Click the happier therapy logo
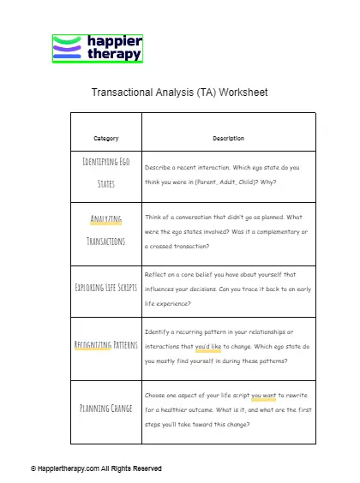click(x=97, y=49)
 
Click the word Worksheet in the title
click(x=243, y=92)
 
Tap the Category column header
click(x=106, y=139)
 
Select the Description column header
click(x=228, y=139)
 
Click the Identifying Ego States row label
click(x=106, y=172)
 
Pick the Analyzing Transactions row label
click(x=106, y=230)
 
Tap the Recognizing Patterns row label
click(x=106, y=346)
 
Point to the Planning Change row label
click(x=106, y=408)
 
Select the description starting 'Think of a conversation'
click(x=227, y=230)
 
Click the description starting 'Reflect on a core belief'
click(x=227, y=288)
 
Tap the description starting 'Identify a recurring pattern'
click(x=227, y=346)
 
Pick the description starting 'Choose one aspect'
click(x=227, y=408)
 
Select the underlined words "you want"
click(x=263, y=396)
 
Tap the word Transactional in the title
click(x=126, y=92)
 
